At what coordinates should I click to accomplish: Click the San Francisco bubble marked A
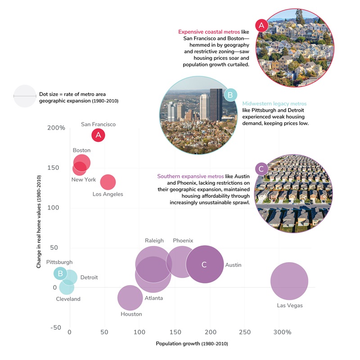[98, 135]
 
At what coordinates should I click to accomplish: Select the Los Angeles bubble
[108, 182]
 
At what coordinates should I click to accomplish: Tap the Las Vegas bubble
[289, 281]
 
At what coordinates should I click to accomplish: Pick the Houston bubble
[130, 298]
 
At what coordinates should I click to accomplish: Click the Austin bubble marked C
[205, 264]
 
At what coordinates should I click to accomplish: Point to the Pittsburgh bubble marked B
[60, 273]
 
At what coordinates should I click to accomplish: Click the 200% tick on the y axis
[56, 128]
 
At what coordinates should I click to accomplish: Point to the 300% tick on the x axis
[282, 332]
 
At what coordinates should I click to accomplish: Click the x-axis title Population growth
[192, 344]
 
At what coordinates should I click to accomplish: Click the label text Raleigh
[154, 241]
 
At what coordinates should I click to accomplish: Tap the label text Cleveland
[68, 299]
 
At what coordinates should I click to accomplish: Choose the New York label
[84, 180]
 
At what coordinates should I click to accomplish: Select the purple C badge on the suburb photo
[261, 169]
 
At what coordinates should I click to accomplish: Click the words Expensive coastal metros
[209, 32]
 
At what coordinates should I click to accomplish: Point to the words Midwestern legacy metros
[273, 103]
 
